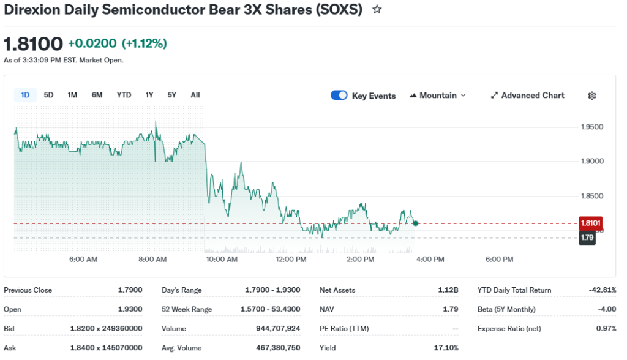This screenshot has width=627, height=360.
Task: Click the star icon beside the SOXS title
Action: pos(377,10)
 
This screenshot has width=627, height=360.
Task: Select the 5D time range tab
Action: pos(49,95)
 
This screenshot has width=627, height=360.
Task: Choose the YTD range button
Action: pos(124,95)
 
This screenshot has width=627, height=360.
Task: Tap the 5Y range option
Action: pos(172,95)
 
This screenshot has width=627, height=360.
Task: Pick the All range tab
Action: pos(195,95)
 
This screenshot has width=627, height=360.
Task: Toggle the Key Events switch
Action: pos(339,96)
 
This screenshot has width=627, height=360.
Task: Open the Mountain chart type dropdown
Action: pos(438,96)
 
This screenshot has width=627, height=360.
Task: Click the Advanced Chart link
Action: pos(528,96)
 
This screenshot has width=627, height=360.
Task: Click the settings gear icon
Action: pos(592,96)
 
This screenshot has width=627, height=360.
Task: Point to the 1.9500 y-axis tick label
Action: pos(592,127)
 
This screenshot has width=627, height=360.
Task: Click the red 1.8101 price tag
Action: pos(591,223)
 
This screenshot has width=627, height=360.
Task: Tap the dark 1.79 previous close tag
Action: pos(588,238)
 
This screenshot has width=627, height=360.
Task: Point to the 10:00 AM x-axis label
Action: pos(222,260)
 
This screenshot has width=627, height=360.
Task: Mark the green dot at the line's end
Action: pos(416,223)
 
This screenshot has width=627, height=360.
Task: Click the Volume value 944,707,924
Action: pos(278,328)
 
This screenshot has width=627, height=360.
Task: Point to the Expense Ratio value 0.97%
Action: pos(606,328)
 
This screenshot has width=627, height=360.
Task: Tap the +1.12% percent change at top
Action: pos(145,43)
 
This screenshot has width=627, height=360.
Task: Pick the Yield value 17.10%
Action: pos(446,348)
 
